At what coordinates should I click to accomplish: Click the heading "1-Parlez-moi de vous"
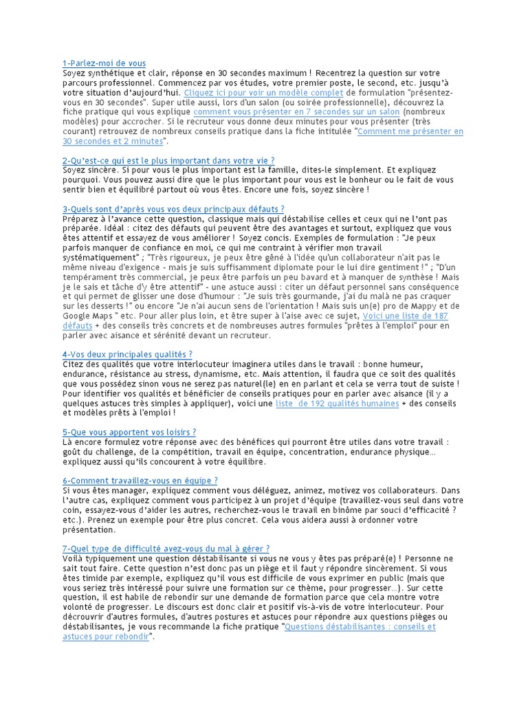104,63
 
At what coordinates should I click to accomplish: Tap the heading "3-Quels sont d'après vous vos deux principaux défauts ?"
173,208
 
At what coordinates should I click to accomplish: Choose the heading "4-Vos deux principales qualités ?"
127,353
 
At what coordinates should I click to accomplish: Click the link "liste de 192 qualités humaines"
337,404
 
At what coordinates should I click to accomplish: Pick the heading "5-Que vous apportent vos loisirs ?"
129,432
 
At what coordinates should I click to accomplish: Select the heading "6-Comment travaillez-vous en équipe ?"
140,481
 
